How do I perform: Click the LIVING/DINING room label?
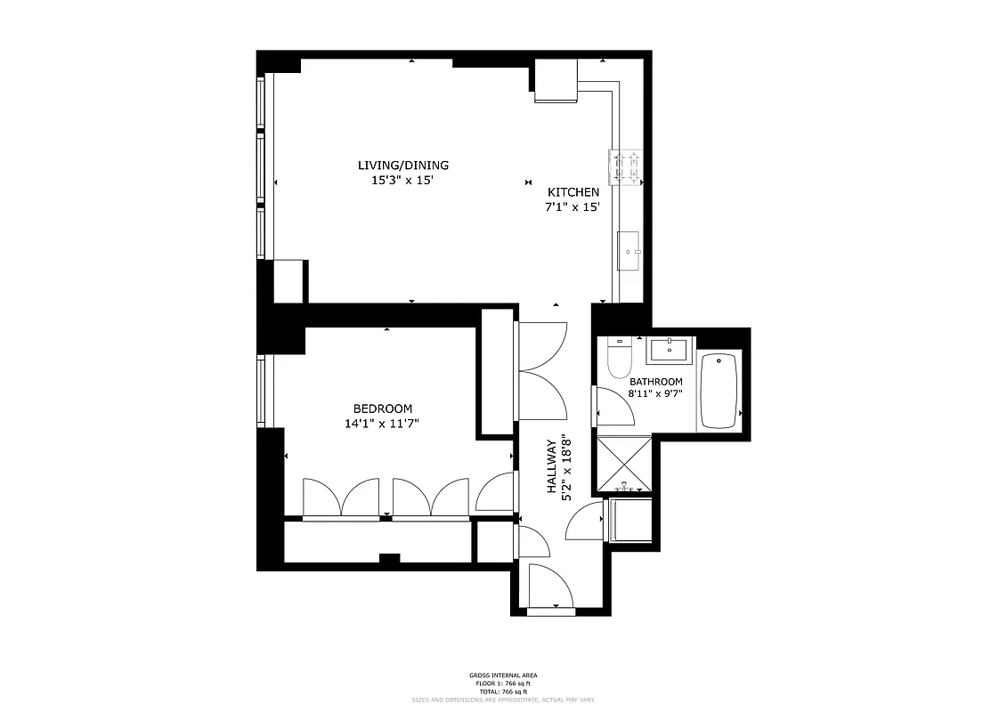pyautogui.click(x=402, y=166)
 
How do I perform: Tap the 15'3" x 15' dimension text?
pyautogui.click(x=402, y=180)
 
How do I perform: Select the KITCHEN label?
pyautogui.click(x=573, y=193)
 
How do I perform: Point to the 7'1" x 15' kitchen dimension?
pyautogui.click(x=573, y=207)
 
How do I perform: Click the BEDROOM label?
pyautogui.click(x=382, y=409)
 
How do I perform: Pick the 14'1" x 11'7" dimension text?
pyautogui.click(x=382, y=424)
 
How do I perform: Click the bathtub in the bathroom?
pyautogui.click(x=719, y=391)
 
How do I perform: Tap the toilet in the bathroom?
pyautogui.click(x=617, y=358)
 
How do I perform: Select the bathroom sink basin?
pyautogui.click(x=669, y=350)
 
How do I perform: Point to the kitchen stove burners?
pyautogui.click(x=626, y=167)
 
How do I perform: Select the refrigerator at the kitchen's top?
pyautogui.click(x=556, y=82)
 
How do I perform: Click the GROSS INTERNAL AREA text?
pyautogui.click(x=503, y=676)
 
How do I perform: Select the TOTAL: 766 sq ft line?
pyautogui.click(x=503, y=691)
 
